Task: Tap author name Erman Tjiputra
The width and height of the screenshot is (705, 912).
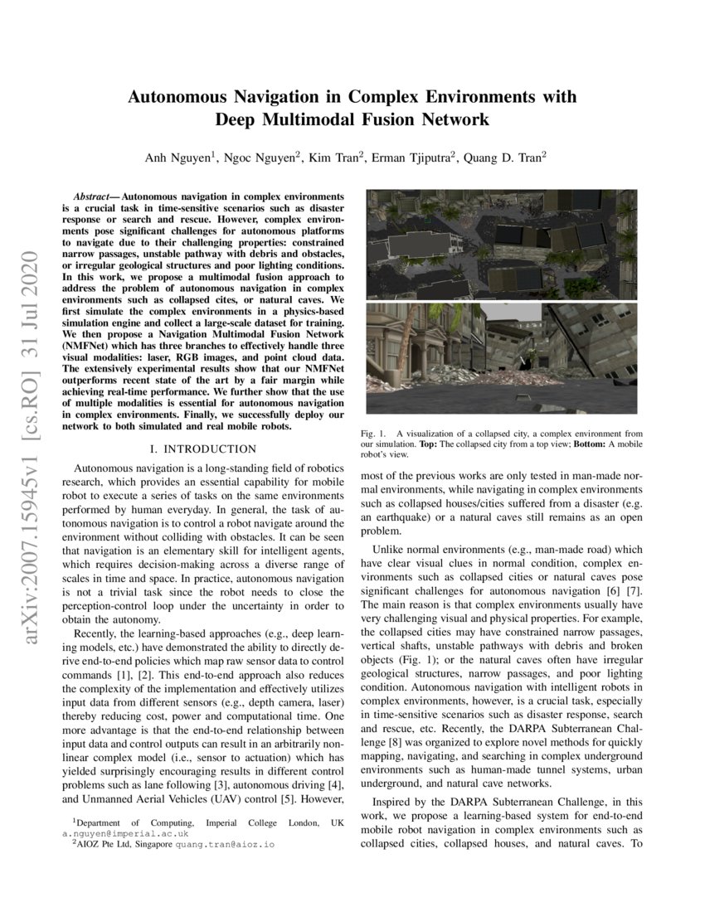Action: click(x=414, y=158)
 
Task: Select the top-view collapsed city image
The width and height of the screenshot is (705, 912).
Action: click(x=501, y=244)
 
